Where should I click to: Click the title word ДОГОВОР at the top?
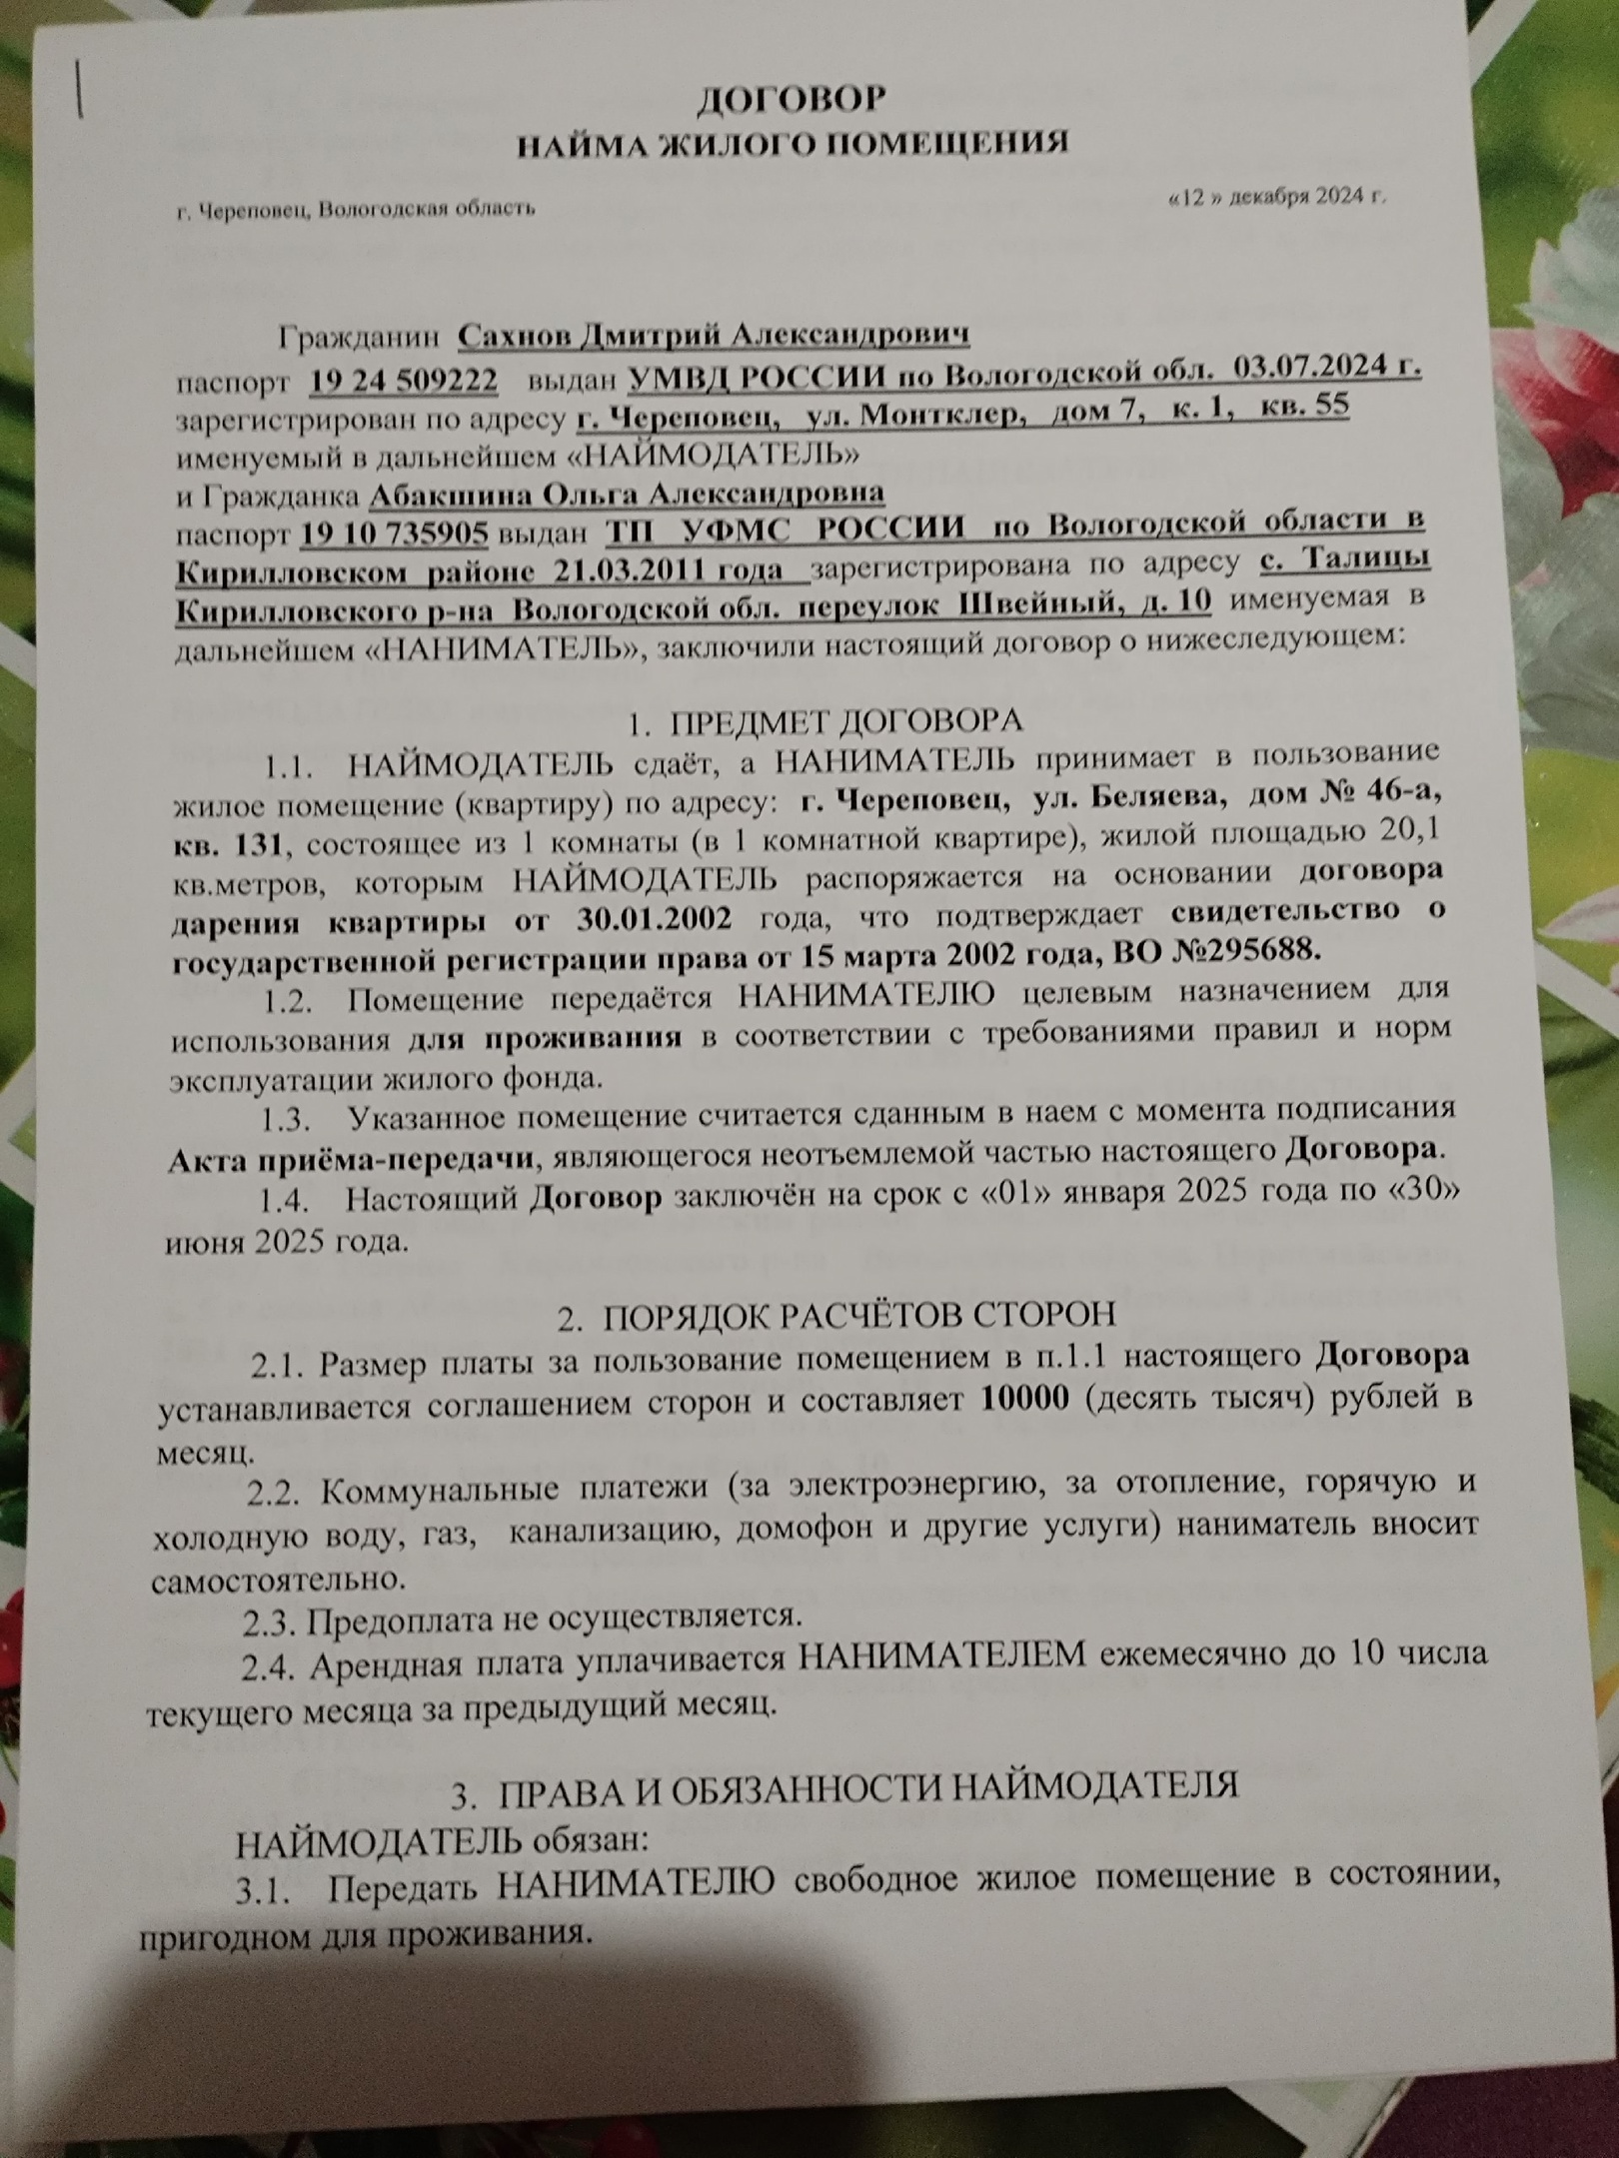point(790,99)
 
